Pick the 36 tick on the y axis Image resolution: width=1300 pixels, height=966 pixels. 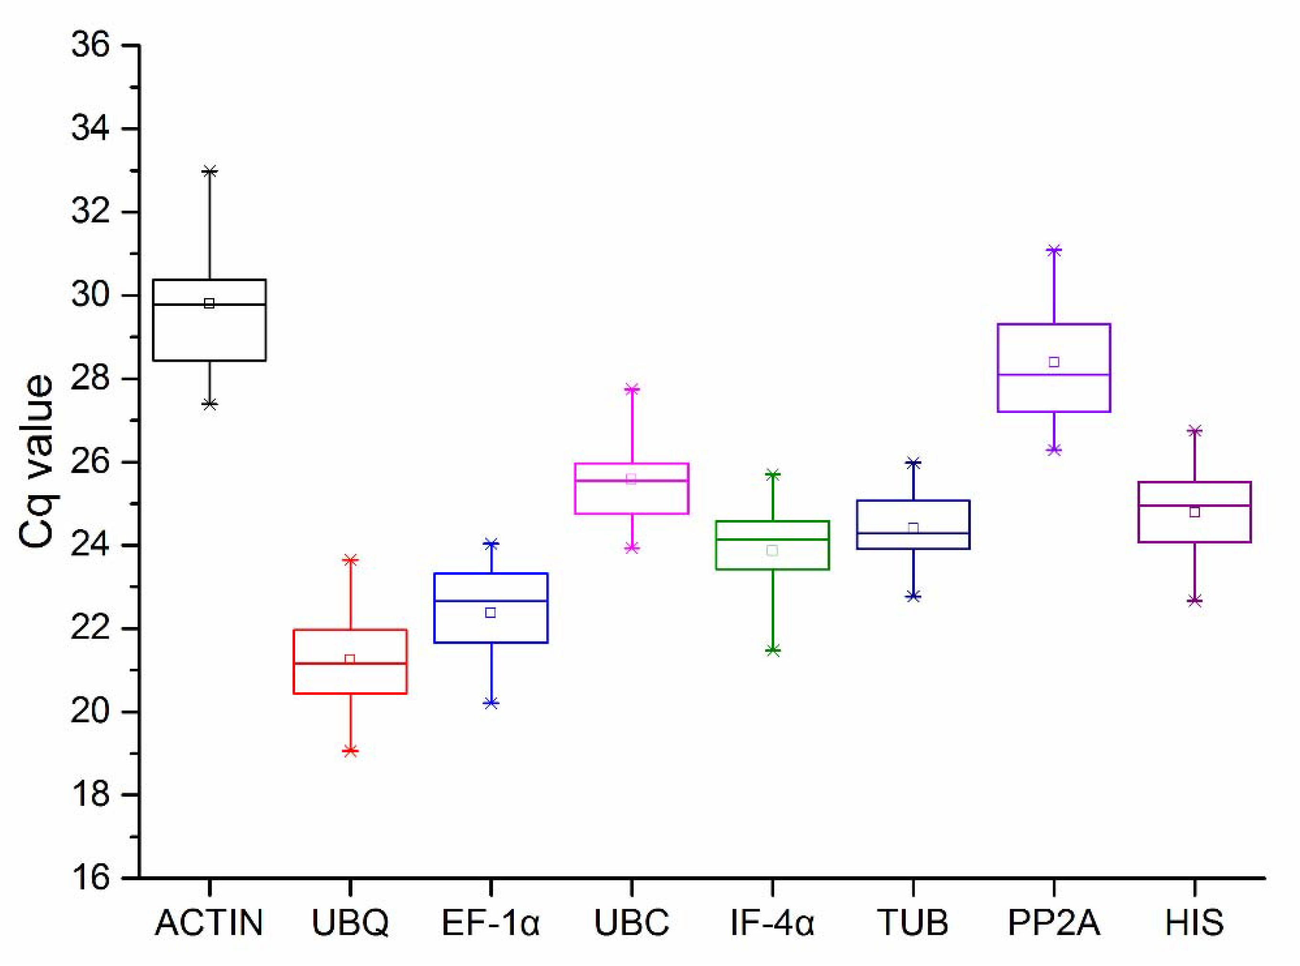coord(91,45)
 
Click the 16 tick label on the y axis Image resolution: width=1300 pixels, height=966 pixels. coord(91,878)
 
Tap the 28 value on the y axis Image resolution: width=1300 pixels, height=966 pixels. coord(91,379)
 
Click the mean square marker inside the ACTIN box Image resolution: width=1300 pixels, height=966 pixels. coord(209,303)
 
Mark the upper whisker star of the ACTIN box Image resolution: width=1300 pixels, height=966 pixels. coord(209,171)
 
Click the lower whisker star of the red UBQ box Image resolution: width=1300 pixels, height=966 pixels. coord(350,751)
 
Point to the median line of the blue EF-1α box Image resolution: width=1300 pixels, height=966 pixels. coord(491,600)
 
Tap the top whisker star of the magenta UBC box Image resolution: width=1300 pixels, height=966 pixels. coord(631,389)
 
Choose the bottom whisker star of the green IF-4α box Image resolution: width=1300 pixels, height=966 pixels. coord(772,650)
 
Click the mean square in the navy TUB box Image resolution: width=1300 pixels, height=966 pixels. coord(913,528)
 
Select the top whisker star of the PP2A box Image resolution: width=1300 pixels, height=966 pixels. coord(1054,250)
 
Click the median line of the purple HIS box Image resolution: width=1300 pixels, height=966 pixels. coord(1195,505)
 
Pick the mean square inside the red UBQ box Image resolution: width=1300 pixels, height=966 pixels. coord(350,660)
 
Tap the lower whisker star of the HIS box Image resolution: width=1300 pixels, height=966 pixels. coord(1195,600)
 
